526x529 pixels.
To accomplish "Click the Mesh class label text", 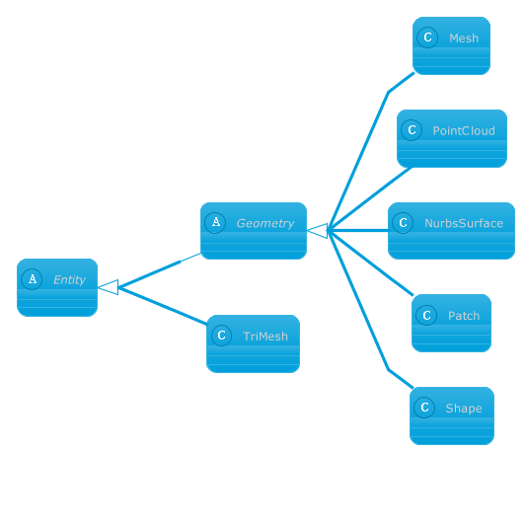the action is coord(464,38).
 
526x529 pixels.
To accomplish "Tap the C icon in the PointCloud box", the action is coord(412,130).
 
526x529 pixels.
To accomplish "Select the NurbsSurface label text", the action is coord(464,223).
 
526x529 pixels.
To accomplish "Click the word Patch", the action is coord(464,316).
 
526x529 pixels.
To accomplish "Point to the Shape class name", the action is coord(464,409).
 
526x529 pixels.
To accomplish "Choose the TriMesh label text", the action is coord(265,337).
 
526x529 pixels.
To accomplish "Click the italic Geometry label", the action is coord(265,224).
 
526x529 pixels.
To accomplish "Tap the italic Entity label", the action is coord(69,280).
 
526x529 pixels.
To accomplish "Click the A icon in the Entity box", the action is coord(32,279).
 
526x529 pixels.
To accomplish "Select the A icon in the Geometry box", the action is coord(215,223).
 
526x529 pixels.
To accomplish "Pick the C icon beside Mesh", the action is coord(427,38).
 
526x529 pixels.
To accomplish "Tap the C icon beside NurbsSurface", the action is coord(403,223).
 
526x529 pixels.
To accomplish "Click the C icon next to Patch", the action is coord(426,316).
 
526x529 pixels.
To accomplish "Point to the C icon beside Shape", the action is coord(424,408).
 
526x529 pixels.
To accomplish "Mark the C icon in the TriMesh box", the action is coord(221,336).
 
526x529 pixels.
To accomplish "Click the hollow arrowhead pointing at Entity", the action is coord(109,287).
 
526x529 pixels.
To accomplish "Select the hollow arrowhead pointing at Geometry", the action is coord(318,231).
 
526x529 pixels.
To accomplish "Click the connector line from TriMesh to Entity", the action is coord(163,306).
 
